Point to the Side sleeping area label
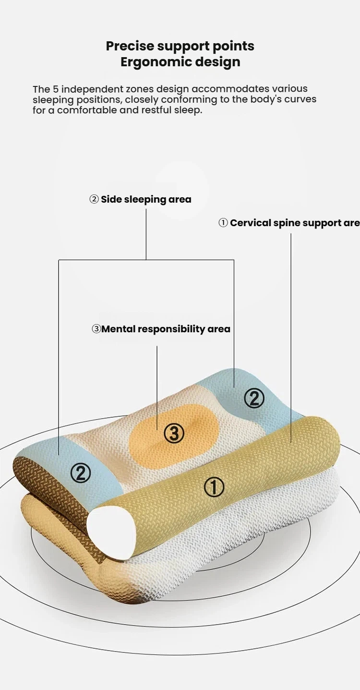(145, 199)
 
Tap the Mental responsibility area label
(166, 329)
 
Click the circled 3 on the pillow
(174, 434)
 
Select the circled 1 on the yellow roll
(214, 487)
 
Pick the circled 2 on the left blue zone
(81, 473)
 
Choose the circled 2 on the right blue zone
(254, 398)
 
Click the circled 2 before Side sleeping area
(94, 199)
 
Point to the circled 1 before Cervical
(223, 223)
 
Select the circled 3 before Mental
(96, 329)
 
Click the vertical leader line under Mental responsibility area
(157, 384)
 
